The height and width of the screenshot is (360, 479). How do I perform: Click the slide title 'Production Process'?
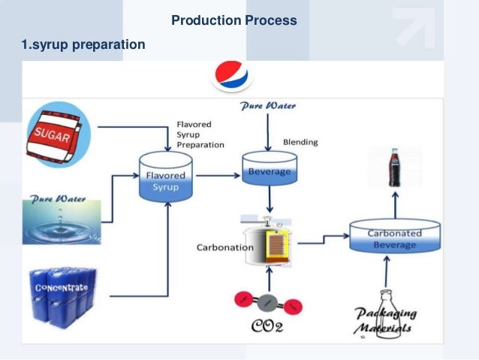point(233,20)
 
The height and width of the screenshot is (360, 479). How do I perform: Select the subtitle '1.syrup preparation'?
point(83,46)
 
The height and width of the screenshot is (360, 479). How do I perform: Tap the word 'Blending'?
point(300,142)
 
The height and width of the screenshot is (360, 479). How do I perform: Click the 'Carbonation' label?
point(224,247)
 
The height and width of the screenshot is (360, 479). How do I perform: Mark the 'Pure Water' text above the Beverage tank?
point(267,107)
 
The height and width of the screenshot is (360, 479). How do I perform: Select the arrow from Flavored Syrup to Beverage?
point(216,172)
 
